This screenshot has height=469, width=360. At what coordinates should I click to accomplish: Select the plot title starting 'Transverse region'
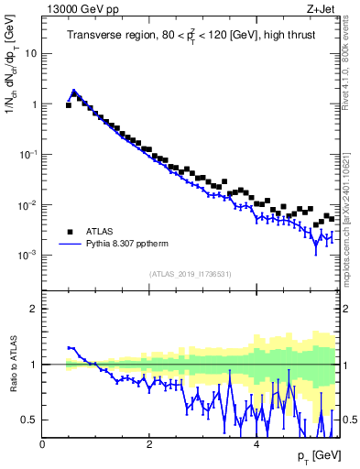(191, 36)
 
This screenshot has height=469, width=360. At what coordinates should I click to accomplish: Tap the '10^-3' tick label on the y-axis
(27, 255)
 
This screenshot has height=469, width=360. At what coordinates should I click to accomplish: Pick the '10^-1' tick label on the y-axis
(27, 154)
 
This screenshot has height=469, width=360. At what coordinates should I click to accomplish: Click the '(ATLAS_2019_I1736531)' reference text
(191, 275)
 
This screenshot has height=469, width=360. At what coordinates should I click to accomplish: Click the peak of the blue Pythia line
(74, 91)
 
